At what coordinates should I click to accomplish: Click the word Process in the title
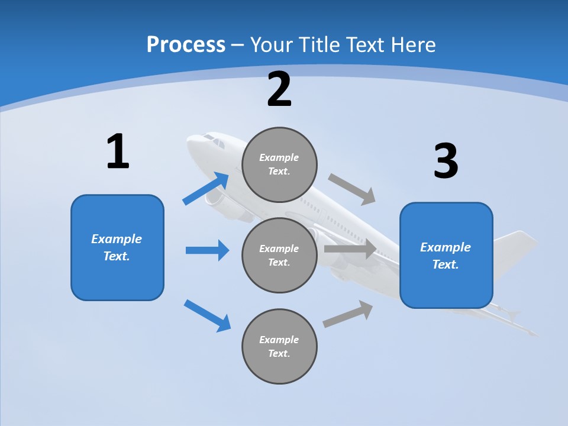(186, 44)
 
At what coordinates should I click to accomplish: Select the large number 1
(118, 151)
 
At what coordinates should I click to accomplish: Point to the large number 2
(279, 89)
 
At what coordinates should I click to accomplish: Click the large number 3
(446, 160)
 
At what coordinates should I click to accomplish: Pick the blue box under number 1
(117, 247)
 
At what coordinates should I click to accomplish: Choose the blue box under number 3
(446, 255)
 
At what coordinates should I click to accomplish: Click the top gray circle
(279, 164)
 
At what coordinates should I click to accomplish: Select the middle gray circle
(279, 255)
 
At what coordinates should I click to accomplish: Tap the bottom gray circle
(279, 346)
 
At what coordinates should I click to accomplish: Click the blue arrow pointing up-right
(206, 189)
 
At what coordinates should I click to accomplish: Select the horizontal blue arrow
(207, 250)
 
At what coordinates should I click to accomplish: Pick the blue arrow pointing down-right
(208, 315)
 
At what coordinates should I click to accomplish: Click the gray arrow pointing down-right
(352, 189)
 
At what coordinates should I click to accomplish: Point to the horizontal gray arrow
(350, 249)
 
